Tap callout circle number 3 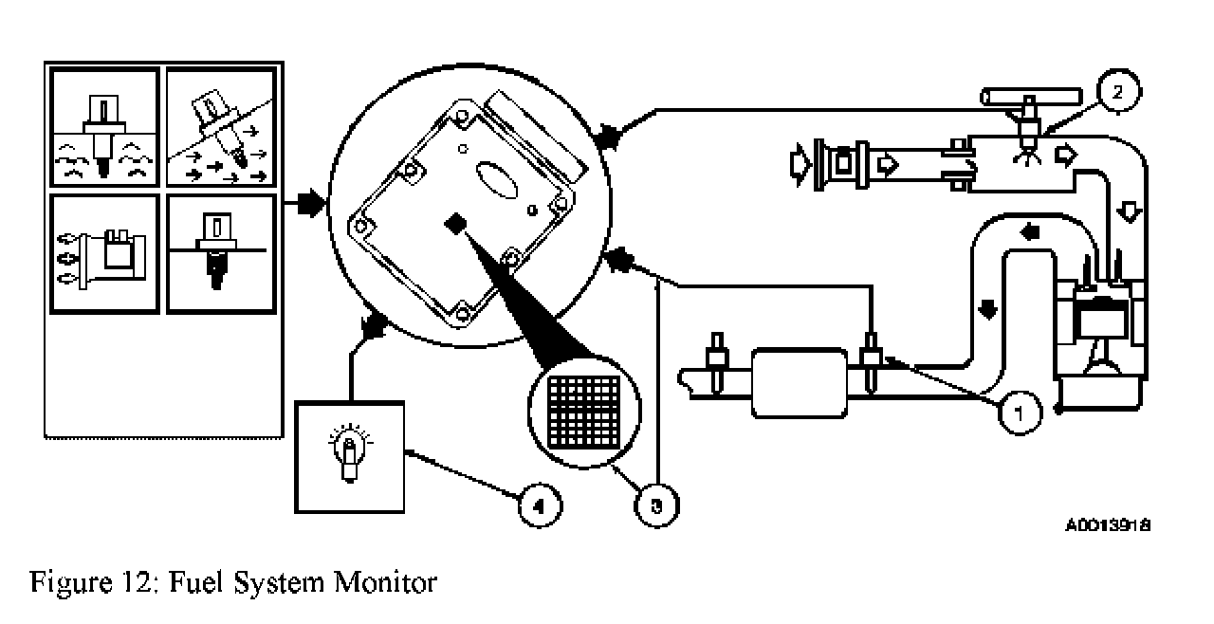click(657, 505)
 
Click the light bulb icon click(349, 456)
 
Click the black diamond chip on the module click(456, 224)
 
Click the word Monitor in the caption click(385, 581)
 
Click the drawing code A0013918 click(1107, 524)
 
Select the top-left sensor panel click(104, 127)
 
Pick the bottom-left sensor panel click(104, 254)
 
